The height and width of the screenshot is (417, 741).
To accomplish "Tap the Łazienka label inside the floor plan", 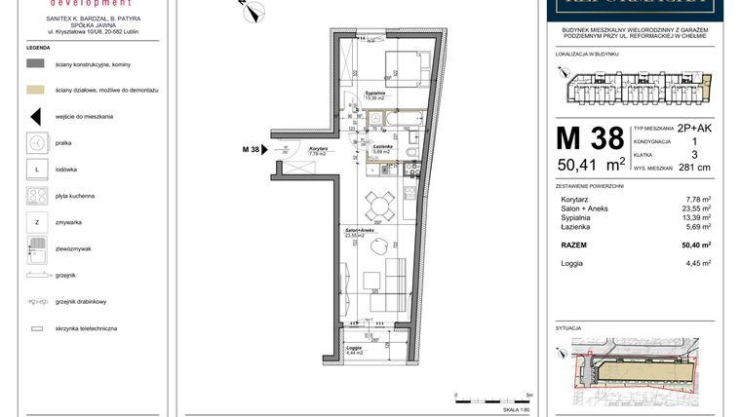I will click(x=381, y=147).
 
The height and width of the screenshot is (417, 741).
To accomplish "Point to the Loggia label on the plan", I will click(x=354, y=350).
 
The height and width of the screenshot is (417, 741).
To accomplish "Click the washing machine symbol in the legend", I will click(x=36, y=142).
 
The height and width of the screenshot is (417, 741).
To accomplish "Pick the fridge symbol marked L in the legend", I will click(x=36, y=170).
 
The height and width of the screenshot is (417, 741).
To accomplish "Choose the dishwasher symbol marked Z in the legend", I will click(x=36, y=223).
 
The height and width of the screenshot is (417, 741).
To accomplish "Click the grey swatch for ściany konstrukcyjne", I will click(x=36, y=62).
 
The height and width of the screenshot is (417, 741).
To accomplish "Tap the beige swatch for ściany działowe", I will click(x=36, y=89).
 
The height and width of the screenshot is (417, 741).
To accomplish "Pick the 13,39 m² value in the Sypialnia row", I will click(x=698, y=217).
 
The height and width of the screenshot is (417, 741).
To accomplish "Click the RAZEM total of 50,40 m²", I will click(x=697, y=245).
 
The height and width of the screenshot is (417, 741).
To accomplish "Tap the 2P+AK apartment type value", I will click(x=695, y=128).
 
